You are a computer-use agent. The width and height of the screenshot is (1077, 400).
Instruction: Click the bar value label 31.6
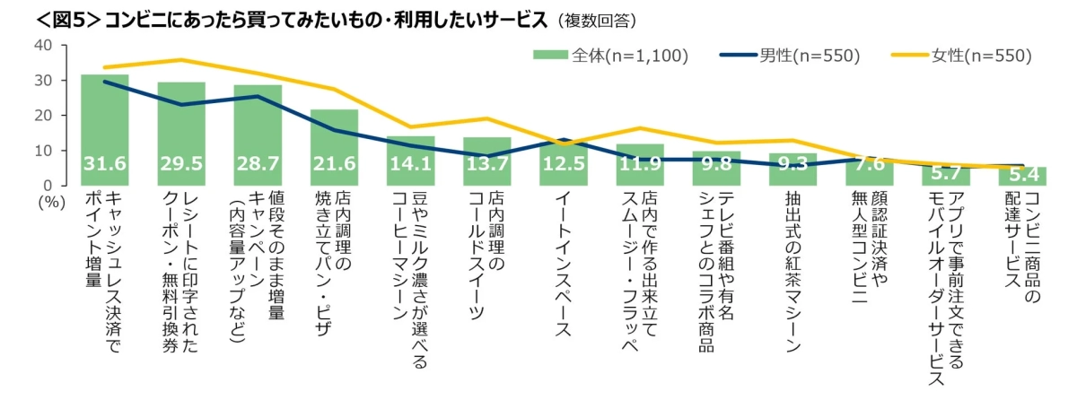(x=104, y=164)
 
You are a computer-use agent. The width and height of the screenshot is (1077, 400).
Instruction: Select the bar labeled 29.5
(x=181, y=135)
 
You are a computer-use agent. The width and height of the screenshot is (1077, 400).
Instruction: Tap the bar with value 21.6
(x=334, y=148)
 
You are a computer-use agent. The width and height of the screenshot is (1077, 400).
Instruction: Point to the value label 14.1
(x=410, y=164)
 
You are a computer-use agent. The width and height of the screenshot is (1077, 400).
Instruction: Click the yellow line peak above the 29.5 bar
(x=181, y=60)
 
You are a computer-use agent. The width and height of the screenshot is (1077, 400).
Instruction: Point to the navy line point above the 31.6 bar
(x=104, y=82)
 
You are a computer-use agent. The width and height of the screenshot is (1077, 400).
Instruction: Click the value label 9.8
(x=715, y=165)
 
